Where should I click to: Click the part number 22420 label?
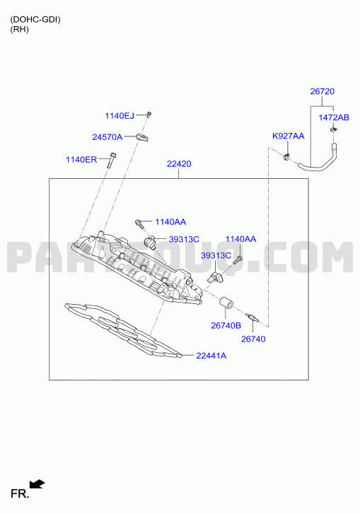(179, 164)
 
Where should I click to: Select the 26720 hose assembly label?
(323, 91)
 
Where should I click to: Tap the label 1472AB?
(334, 117)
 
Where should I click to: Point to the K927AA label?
(288, 136)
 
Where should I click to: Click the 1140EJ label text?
(120, 116)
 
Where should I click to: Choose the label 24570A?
(108, 137)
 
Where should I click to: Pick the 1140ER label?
(81, 160)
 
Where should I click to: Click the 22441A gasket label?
(211, 356)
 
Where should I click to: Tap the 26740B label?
(226, 325)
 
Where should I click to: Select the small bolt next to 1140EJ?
(149, 115)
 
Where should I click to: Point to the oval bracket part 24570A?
(142, 138)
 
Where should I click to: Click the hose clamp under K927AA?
(286, 158)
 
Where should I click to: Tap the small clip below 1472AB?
(333, 131)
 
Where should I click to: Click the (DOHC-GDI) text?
(35, 20)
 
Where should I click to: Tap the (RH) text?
(19, 30)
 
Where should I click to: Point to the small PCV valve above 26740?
(252, 317)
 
